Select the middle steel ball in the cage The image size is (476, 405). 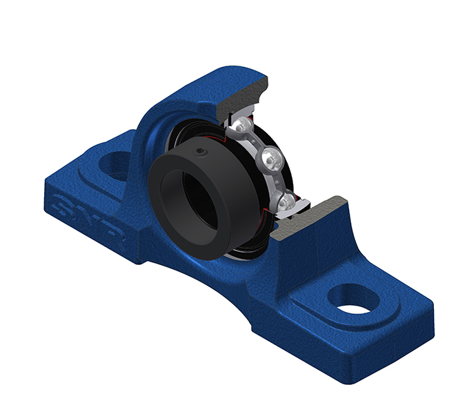click(x=270, y=159)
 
